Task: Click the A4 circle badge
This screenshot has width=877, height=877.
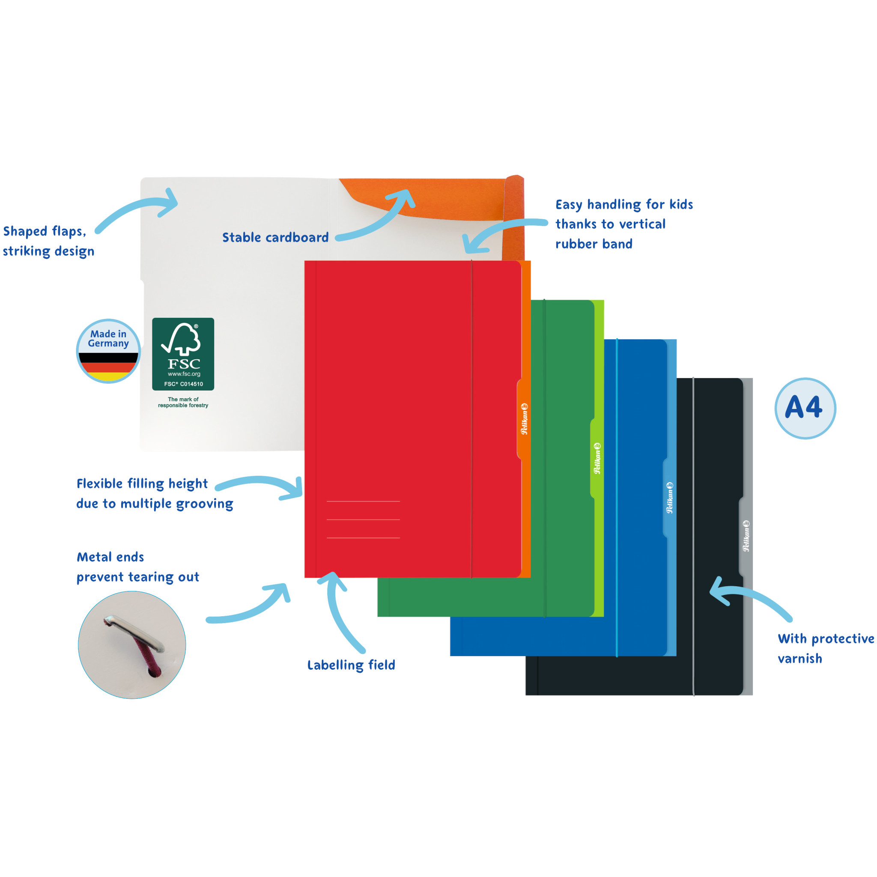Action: pos(805,408)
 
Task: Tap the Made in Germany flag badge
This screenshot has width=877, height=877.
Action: pos(108,351)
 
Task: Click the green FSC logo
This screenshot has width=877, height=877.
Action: pos(183,354)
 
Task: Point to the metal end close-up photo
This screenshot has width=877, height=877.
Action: pos(131,644)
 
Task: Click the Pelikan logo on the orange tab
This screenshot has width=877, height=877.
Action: pos(524,418)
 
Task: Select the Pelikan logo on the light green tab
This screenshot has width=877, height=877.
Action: pos(597,459)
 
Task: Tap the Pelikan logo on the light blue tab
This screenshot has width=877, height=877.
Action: pos(670,498)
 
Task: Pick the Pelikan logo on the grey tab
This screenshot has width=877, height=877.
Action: pos(746,536)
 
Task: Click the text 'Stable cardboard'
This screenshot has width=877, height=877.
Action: pos(275,237)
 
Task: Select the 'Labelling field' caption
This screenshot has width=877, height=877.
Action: pos(351,665)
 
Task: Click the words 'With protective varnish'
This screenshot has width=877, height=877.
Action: pos(825,648)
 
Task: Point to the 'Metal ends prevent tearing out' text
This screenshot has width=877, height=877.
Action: pos(137,567)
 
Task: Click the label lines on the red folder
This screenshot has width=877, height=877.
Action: pos(363,519)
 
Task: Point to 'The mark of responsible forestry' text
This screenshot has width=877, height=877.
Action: pos(183,402)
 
